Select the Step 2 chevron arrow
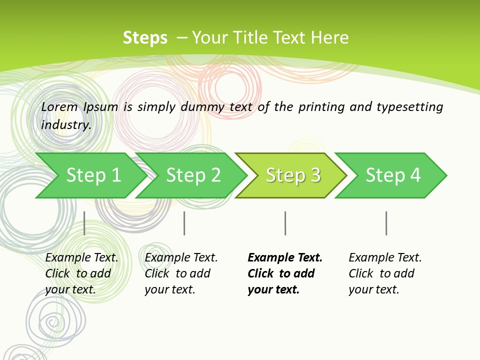[192, 175]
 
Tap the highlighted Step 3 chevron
[292, 175]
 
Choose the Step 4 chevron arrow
[392, 175]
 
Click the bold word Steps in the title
[145, 38]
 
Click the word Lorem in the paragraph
[59, 107]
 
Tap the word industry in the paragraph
[66, 124]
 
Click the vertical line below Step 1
[84, 223]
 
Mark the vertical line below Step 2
[184, 223]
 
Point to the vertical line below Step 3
[285, 223]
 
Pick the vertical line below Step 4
[386, 223]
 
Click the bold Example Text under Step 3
[285, 258]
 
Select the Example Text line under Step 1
[81, 258]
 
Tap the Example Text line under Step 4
[385, 258]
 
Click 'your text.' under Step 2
[169, 290]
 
